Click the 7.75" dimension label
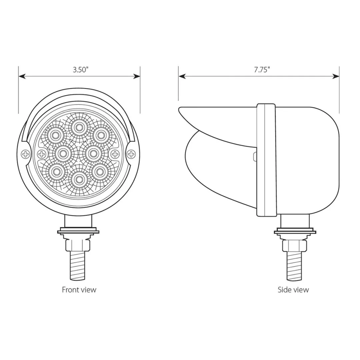point(262,70)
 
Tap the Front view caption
point(79,290)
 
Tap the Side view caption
point(293,290)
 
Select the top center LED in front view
point(79,127)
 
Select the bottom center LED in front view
point(79,179)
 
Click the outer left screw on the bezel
point(25,154)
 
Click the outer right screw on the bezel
point(132,154)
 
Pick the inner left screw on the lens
point(42,154)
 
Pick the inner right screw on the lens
point(115,154)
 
